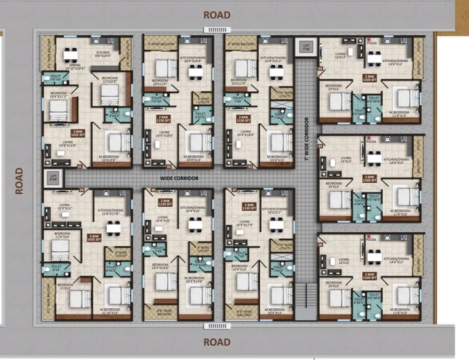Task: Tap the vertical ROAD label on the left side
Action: point(19,180)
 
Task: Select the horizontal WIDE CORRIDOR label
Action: point(179,178)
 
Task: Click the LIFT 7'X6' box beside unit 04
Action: point(305,47)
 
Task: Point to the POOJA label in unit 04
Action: point(371,43)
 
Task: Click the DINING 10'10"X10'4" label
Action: point(75,67)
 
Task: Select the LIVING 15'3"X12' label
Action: point(64,207)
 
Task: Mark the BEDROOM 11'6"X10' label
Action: point(60,235)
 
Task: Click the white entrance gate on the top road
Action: point(217,30)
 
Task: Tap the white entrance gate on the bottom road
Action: point(217,326)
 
